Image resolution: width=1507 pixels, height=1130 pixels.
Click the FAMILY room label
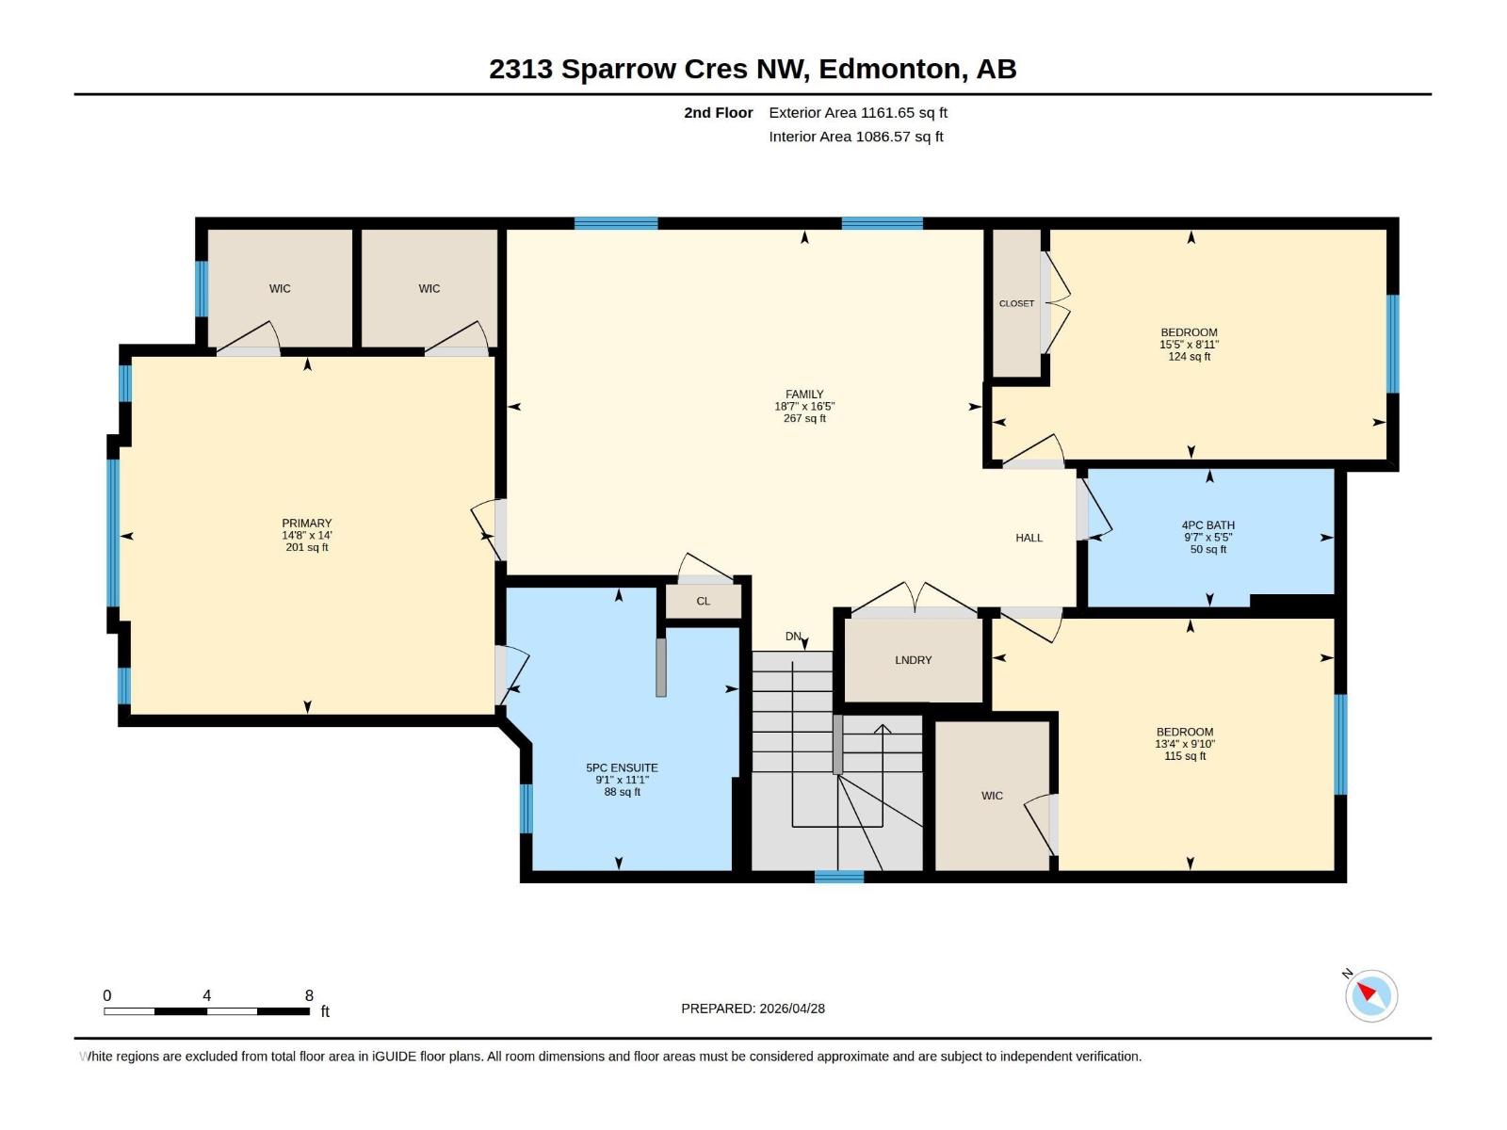(x=804, y=395)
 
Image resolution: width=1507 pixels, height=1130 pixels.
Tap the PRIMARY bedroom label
(x=307, y=524)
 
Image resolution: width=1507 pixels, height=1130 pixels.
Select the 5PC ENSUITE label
(x=622, y=767)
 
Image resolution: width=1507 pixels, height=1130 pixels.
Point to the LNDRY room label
(x=913, y=660)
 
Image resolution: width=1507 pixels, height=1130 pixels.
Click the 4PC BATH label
(x=1207, y=525)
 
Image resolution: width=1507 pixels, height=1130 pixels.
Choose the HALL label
(x=1029, y=538)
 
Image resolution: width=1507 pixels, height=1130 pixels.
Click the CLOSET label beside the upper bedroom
(x=1016, y=303)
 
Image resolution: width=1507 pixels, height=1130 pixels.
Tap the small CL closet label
(x=703, y=601)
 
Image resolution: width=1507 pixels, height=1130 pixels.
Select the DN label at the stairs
(x=793, y=637)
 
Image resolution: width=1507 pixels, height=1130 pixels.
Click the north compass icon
(x=1370, y=995)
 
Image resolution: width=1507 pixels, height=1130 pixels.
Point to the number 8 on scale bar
(x=309, y=995)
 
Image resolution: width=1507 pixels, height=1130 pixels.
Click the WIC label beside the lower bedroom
(x=992, y=796)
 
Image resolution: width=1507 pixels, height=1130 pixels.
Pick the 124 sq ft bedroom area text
(x=1189, y=357)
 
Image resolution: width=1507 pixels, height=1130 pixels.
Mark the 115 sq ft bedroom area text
(x=1185, y=756)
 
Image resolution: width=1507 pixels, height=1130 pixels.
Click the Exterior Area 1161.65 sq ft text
(x=857, y=113)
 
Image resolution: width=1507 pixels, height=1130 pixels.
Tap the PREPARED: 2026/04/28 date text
(x=753, y=1009)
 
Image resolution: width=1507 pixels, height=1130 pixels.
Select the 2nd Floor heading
(x=718, y=113)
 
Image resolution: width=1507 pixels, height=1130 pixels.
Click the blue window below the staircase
(x=838, y=877)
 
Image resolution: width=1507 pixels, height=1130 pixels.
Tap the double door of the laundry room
(x=913, y=600)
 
